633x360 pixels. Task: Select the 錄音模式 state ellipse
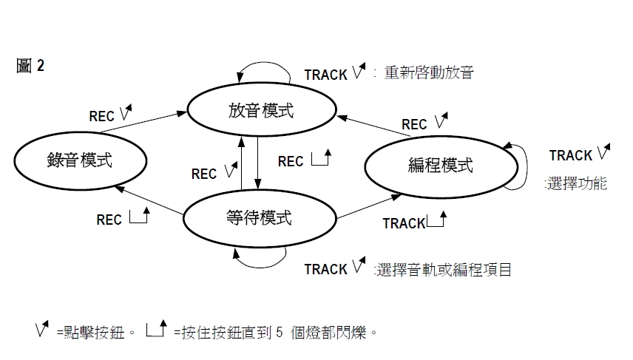tap(80, 159)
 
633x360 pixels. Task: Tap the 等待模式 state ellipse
tap(259, 217)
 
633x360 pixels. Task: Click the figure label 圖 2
tap(30, 66)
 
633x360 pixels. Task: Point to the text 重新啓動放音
tap(429, 73)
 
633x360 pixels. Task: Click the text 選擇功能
tap(576, 183)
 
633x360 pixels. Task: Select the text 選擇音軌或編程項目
tap(443, 269)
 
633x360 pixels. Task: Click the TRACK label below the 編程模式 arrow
tap(404, 223)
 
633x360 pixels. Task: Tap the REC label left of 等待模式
tap(109, 220)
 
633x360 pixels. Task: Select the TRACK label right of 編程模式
tap(571, 155)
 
